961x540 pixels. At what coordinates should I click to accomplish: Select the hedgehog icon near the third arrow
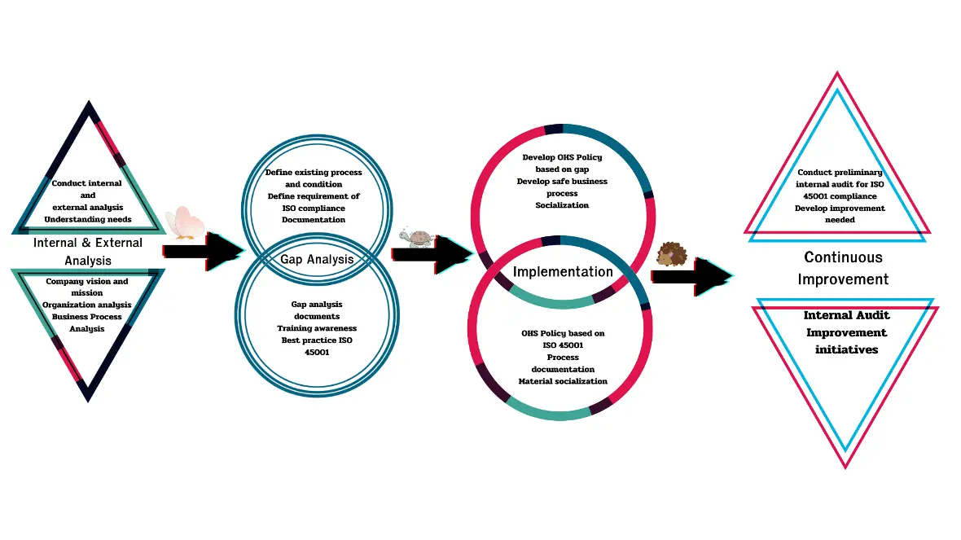point(672,255)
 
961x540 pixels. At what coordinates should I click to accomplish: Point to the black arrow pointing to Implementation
point(432,254)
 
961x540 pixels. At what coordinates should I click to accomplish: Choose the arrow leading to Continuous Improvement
point(691,277)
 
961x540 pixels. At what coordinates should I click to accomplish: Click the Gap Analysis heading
point(317,260)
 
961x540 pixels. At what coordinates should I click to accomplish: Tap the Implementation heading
point(563,272)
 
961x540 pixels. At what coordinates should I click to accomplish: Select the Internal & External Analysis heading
point(88,252)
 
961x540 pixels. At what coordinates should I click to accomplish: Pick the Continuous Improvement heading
point(843,268)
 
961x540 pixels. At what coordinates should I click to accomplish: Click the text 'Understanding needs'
point(88,219)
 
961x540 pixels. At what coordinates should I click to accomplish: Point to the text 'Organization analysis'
point(87,305)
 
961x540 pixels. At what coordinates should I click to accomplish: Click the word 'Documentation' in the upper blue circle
point(314,219)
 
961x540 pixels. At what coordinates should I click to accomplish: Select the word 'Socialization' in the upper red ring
point(562,205)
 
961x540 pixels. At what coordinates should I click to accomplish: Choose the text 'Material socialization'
point(563,381)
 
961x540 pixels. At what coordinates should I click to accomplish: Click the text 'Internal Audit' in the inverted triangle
point(846,315)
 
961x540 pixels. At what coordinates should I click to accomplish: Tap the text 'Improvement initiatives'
point(846,340)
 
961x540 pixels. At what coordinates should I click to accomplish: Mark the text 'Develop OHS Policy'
point(562,156)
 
